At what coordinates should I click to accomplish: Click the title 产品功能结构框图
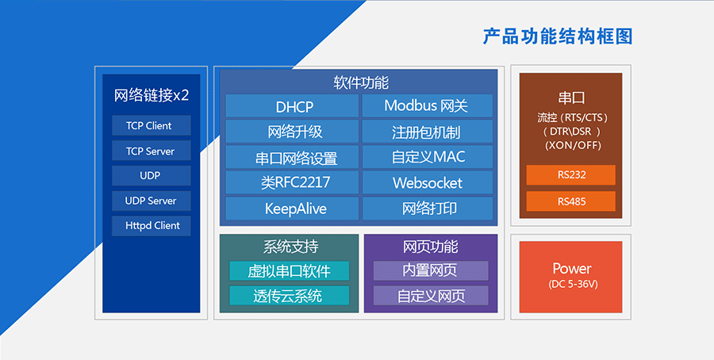click(x=558, y=36)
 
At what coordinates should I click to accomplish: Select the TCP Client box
click(x=152, y=126)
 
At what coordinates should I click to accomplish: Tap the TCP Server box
click(x=152, y=151)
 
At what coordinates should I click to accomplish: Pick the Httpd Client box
click(x=152, y=225)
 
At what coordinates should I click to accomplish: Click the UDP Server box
click(x=152, y=201)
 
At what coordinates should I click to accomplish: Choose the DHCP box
click(x=293, y=106)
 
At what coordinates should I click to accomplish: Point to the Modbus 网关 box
click(x=427, y=106)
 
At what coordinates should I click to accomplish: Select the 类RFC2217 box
click(x=293, y=182)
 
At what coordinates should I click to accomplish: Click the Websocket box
click(x=427, y=182)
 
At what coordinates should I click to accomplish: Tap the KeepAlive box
click(x=293, y=209)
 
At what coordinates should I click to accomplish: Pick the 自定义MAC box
click(x=427, y=157)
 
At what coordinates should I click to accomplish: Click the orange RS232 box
click(x=571, y=175)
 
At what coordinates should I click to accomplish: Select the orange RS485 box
click(x=571, y=201)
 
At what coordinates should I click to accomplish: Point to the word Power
click(x=571, y=268)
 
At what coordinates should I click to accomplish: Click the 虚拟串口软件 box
click(x=289, y=271)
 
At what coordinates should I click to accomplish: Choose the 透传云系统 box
click(x=289, y=296)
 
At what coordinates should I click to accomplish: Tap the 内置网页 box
click(x=430, y=271)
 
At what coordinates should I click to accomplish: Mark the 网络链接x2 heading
click(x=152, y=96)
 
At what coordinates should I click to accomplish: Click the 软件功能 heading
click(x=360, y=82)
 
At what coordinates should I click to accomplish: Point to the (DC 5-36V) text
click(x=571, y=284)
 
